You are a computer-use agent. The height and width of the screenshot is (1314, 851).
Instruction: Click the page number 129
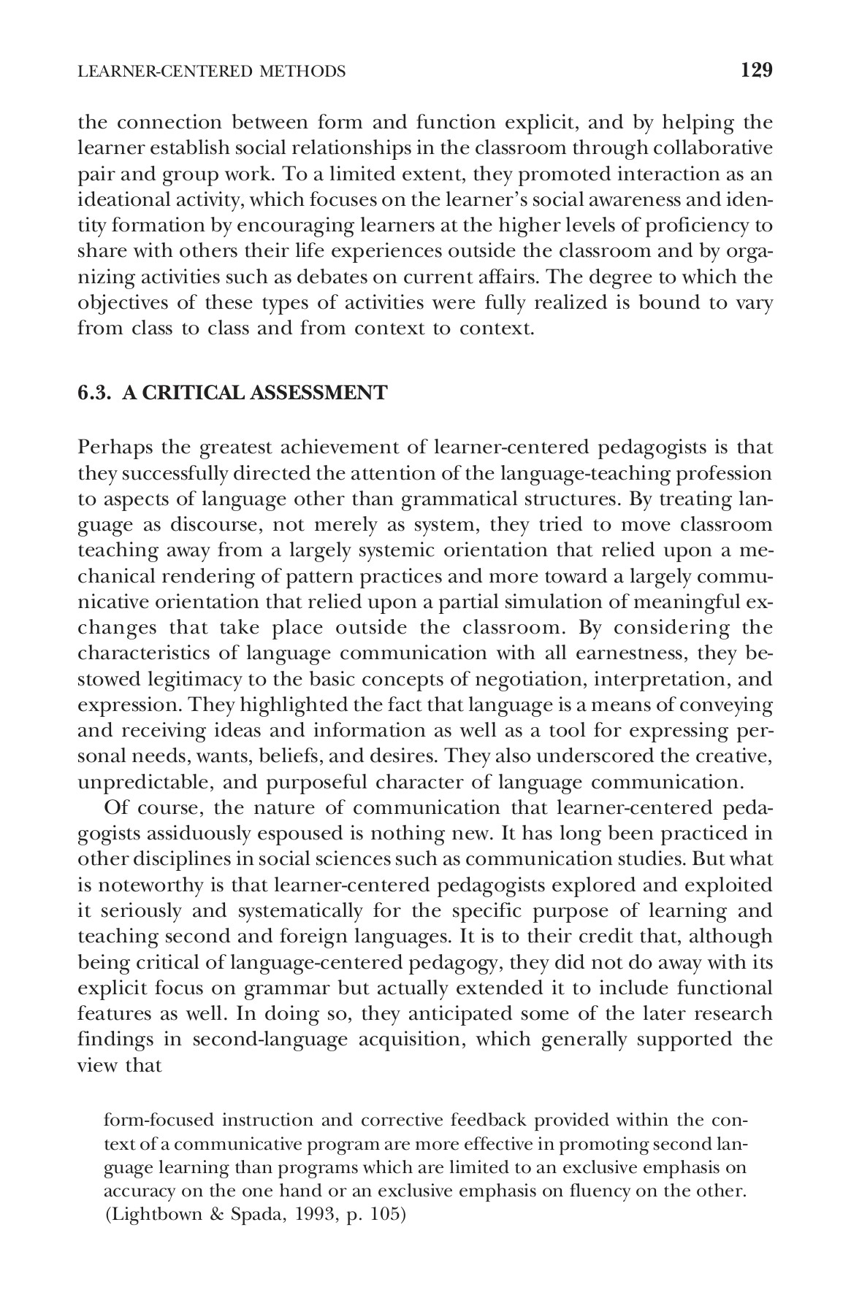pos(756,70)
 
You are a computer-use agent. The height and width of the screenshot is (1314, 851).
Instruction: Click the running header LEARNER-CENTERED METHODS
pos(211,71)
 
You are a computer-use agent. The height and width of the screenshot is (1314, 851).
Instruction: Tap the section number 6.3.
pos(95,393)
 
